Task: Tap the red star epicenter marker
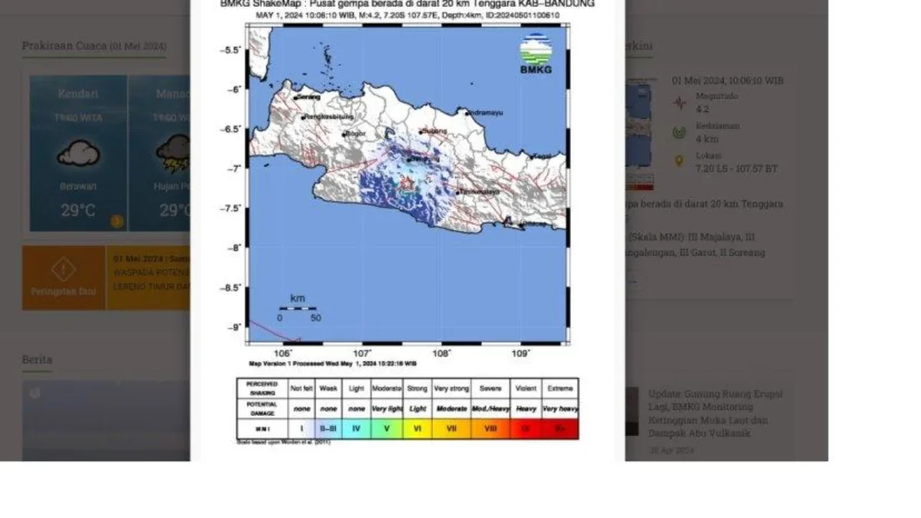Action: pyautogui.click(x=407, y=183)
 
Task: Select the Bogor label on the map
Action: pyautogui.click(x=355, y=134)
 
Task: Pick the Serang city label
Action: pyautogui.click(x=308, y=97)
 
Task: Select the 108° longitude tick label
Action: pyautogui.click(x=441, y=354)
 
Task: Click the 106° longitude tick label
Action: pyautogui.click(x=283, y=354)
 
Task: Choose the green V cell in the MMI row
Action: pyautogui.click(x=386, y=428)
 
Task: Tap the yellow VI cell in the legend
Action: pyautogui.click(x=417, y=428)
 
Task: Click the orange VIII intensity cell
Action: pyautogui.click(x=490, y=428)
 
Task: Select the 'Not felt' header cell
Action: pyautogui.click(x=302, y=388)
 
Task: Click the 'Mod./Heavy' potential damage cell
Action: pyautogui.click(x=490, y=408)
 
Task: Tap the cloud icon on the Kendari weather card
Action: pyautogui.click(x=78, y=154)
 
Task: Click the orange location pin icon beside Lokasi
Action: pyautogui.click(x=678, y=161)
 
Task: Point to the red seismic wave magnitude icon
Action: pyautogui.click(x=679, y=102)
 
